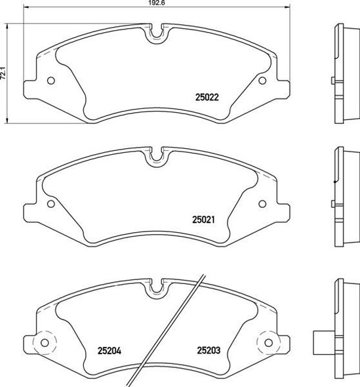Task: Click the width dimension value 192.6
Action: click(156, 4)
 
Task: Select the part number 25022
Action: click(207, 96)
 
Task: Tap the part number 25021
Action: click(204, 221)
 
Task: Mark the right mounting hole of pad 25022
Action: click(262, 81)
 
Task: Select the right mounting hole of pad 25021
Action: click(262, 203)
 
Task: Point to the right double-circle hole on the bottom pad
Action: click(268, 342)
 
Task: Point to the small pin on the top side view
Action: click(333, 81)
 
